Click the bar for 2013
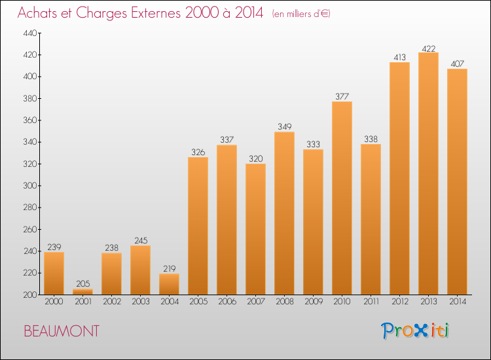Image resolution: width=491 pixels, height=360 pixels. pyautogui.click(x=428, y=173)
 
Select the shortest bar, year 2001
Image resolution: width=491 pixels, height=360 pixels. pyautogui.click(x=82, y=292)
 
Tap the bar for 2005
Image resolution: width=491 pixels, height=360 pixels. pyautogui.click(x=198, y=226)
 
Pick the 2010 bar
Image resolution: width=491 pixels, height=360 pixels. pyautogui.click(x=342, y=198)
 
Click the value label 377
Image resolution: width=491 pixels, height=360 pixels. pyautogui.click(x=342, y=96)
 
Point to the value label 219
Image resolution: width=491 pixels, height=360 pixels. pyautogui.click(x=169, y=268)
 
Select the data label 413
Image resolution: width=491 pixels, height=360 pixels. pyautogui.click(x=399, y=58)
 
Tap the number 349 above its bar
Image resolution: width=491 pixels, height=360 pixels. pyautogui.click(x=284, y=127)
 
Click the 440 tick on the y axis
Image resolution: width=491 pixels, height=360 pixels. pyautogui.click(x=30, y=33)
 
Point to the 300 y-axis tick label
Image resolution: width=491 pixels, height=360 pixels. pyautogui.click(x=30, y=186)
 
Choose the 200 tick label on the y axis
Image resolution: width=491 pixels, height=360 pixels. pyautogui.click(x=30, y=295)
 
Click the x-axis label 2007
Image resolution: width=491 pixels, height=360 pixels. pyautogui.click(x=255, y=302)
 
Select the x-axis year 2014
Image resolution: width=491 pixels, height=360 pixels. pyautogui.click(x=458, y=302)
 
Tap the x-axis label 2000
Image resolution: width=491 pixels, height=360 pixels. pyautogui.click(x=54, y=302)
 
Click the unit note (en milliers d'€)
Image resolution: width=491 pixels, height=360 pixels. pyautogui.click(x=301, y=14)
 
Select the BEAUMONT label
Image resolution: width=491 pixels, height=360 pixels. pyautogui.click(x=62, y=331)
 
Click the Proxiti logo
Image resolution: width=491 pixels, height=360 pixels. pyautogui.click(x=415, y=331)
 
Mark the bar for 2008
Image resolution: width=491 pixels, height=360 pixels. pyautogui.click(x=284, y=213)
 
